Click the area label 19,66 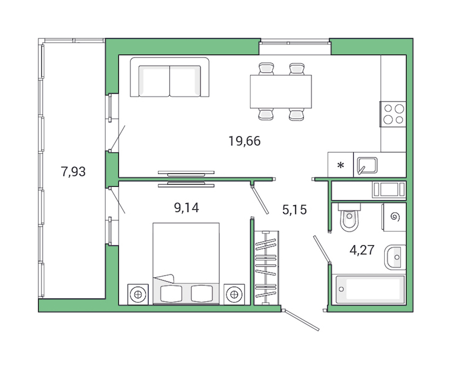point(245,141)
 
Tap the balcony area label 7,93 point(73,172)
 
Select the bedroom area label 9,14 point(187,208)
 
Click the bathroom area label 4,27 point(362,250)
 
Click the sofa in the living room point(169,79)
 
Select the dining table point(281,91)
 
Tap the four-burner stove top point(393,114)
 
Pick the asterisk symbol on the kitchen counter point(340,166)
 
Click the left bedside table point(137,293)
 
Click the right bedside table point(235,293)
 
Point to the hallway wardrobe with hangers point(265,267)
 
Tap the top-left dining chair point(266,69)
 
